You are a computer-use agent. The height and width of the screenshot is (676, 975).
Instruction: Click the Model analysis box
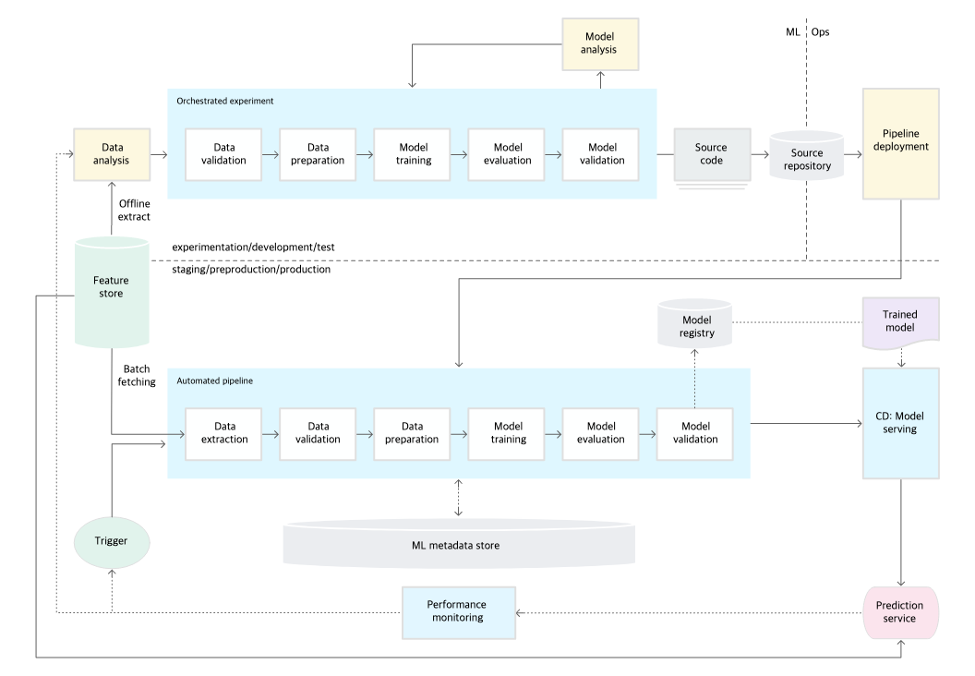click(x=600, y=43)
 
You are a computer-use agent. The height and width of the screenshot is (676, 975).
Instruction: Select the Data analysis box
click(x=112, y=154)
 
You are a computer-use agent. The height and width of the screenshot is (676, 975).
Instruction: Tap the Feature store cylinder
click(x=112, y=291)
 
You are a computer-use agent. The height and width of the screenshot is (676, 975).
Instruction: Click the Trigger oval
click(x=112, y=542)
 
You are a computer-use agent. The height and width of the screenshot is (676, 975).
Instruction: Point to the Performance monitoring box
click(x=458, y=612)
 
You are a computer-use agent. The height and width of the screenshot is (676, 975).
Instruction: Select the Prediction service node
click(x=900, y=612)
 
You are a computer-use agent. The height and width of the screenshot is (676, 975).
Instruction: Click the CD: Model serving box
click(x=900, y=423)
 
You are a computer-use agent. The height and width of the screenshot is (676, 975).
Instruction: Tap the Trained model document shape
click(x=900, y=322)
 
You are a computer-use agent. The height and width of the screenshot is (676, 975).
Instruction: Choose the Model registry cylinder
click(x=695, y=323)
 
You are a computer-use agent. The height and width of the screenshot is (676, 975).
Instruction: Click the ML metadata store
click(x=459, y=544)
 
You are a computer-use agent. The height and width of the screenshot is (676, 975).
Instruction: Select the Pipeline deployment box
click(x=900, y=144)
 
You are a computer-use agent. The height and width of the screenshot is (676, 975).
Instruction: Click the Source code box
click(x=712, y=155)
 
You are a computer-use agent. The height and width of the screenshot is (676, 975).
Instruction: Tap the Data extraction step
click(x=223, y=433)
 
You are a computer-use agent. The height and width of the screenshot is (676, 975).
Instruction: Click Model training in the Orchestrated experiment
click(x=412, y=154)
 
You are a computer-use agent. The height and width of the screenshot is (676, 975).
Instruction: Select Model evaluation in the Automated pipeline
click(x=600, y=433)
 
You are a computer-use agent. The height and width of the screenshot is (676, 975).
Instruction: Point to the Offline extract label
click(x=134, y=211)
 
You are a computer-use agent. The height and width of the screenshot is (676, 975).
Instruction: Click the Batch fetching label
click(x=137, y=376)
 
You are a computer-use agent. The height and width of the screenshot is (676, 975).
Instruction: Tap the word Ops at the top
click(x=820, y=31)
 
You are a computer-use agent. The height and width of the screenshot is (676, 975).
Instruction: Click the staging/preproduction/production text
click(x=251, y=270)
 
